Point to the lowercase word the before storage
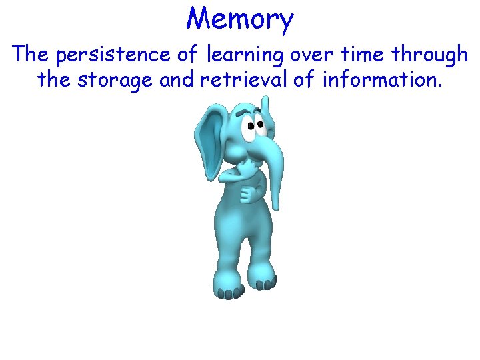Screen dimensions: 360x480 pyautogui.click(x=55, y=81)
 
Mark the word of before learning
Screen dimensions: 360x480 pyautogui.click(x=187, y=55)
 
